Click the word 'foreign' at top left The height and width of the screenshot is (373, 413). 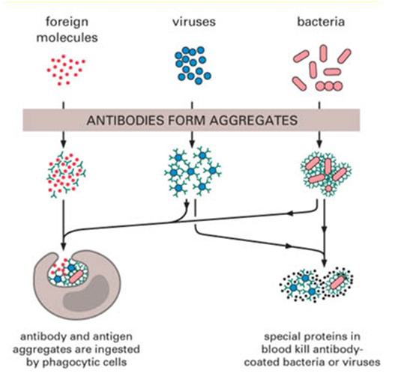[67, 22]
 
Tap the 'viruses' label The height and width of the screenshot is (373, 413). [194, 22]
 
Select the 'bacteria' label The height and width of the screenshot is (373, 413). [321, 22]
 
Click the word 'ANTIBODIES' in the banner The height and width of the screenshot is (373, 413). [125, 121]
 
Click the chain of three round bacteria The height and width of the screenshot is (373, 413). [329, 86]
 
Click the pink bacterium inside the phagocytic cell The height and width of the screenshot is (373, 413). [76, 276]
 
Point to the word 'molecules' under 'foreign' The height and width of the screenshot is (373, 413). [67, 37]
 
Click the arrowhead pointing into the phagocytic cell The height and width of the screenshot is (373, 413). [64, 246]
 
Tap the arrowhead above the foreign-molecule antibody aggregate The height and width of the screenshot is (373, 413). [64, 144]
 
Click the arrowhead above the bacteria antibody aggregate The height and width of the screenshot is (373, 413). [319, 144]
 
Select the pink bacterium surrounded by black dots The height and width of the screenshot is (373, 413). [337, 282]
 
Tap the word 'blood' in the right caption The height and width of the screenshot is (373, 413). [275, 349]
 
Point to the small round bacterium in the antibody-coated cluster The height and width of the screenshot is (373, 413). [328, 189]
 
